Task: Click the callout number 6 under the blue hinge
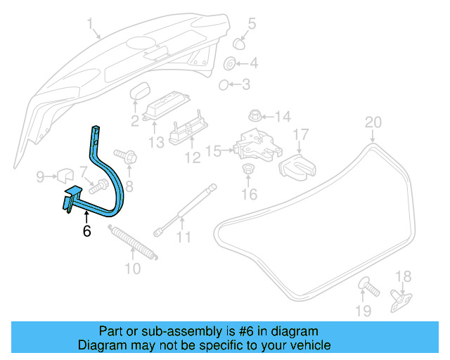87,231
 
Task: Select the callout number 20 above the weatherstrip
373,122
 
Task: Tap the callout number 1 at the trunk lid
91,26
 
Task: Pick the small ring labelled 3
223,85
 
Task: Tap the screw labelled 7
97,187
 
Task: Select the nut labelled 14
255,115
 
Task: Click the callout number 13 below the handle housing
155,142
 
